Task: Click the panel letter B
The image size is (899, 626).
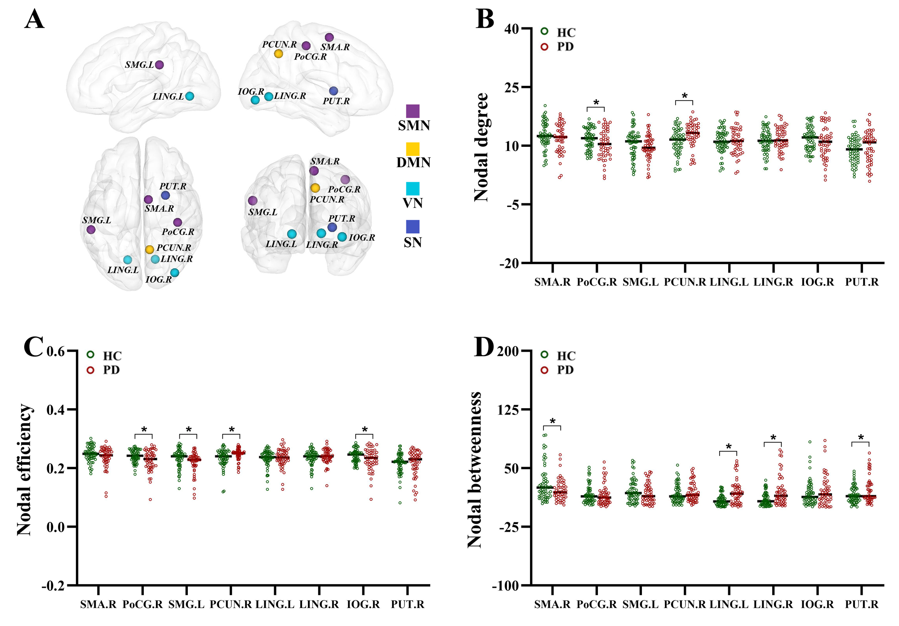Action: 485,19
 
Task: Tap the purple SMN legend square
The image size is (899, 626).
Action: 413,111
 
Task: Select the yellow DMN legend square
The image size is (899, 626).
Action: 413,149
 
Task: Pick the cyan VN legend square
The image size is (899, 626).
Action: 413,189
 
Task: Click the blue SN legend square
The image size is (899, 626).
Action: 413,227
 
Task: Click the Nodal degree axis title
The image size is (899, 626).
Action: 481,147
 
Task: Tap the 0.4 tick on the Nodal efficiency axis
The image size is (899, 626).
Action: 57,410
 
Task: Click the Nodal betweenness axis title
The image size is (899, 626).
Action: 474,470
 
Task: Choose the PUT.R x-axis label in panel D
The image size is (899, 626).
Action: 862,604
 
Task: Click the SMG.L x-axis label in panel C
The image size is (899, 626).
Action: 187,604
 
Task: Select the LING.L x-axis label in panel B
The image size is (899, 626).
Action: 729,282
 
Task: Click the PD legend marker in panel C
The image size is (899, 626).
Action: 91,370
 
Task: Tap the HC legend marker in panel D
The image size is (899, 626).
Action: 544,355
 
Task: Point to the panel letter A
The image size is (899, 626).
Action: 34,19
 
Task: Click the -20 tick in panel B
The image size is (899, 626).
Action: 510,263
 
